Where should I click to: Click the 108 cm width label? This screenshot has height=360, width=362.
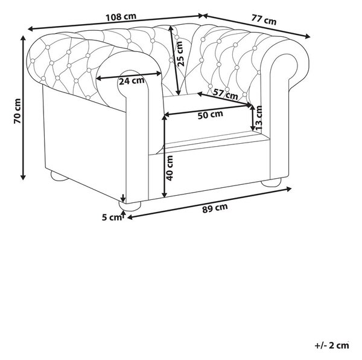tap(121, 17)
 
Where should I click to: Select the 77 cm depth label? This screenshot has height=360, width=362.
tap(264, 19)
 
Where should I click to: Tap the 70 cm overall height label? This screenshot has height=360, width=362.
tap(17, 111)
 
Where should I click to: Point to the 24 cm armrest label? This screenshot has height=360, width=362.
tap(132, 81)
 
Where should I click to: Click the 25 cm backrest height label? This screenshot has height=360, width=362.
tap(180, 54)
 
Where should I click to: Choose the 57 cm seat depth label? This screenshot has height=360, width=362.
tap(225, 94)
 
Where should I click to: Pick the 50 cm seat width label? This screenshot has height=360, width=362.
tap(211, 115)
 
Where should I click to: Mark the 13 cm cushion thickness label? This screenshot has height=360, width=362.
tap(259, 118)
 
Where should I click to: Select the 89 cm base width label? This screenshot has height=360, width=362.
tap(215, 208)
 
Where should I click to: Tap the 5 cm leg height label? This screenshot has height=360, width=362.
tap(112, 217)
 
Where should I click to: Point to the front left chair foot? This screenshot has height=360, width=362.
tap(130, 206)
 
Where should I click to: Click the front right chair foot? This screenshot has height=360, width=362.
tap(271, 182)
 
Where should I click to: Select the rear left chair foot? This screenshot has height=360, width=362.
tap(59, 176)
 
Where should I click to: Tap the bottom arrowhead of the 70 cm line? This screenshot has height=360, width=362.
tap(23, 177)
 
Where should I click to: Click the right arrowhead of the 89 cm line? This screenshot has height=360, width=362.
tap(289, 189)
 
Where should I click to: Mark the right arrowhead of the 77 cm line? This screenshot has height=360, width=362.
tap(308, 36)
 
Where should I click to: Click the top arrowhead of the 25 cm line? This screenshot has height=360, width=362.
tap(170, 28)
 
